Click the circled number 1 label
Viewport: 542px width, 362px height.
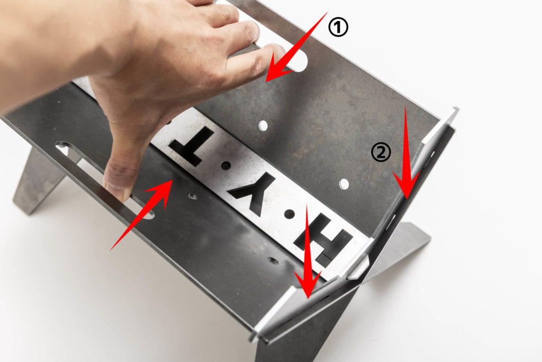click(338, 28)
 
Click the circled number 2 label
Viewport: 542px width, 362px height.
click(381, 153)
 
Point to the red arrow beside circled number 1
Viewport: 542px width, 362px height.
click(296, 48)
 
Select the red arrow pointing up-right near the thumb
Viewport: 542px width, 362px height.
click(141, 215)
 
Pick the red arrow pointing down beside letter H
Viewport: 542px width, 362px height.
click(308, 252)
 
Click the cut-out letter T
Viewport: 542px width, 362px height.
click(191, 146)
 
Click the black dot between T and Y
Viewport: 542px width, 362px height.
click(225, 165)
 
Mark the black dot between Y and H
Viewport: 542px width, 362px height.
click(290, 214)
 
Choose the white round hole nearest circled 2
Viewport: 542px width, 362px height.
click(344, 184)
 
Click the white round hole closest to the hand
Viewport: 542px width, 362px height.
click(263, 126)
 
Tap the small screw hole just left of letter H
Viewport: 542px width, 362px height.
click(273, 261)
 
